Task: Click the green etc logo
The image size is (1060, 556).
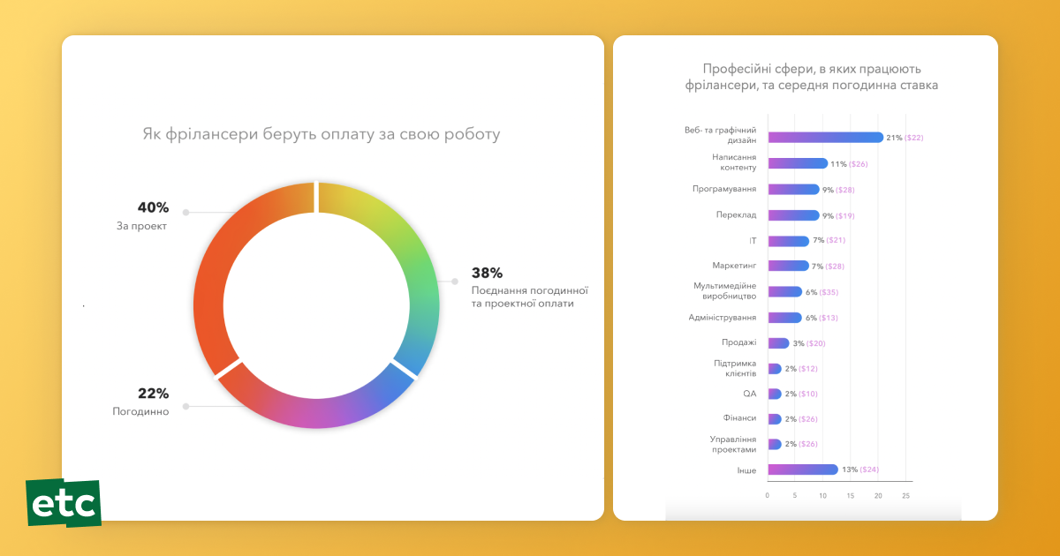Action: point(64,503)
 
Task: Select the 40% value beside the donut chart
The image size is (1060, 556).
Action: point(153,207)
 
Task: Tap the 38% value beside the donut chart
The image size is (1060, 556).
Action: point(487,273)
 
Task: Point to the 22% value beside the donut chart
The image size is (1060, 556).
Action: point(153,394)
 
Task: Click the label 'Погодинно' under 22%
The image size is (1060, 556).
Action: point(140,412)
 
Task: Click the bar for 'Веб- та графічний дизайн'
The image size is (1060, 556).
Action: point(825,137)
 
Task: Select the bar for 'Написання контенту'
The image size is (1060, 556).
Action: point(798,163)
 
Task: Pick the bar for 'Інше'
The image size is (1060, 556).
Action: point(802,470)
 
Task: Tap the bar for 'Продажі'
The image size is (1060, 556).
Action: point(778,343)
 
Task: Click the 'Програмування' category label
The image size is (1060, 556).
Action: point(723,189)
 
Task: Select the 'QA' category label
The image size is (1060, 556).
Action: point(749,394)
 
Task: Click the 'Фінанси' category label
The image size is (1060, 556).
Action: point(739,418)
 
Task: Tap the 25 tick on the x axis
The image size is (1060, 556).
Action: point(905,496)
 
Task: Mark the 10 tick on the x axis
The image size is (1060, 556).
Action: point(823,496)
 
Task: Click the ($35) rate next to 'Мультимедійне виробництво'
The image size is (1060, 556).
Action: point(829,292)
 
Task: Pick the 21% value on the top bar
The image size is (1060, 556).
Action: point(894,138)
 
